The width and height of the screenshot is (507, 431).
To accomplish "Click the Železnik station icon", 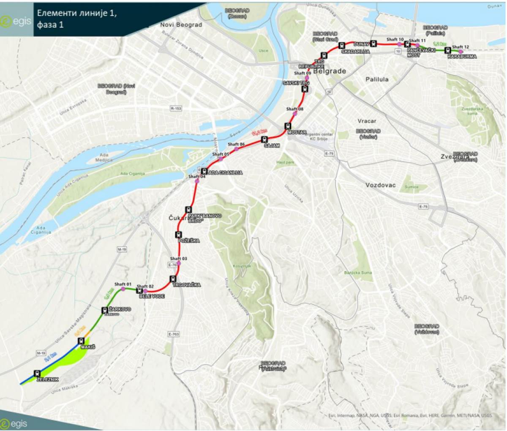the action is point(38,374).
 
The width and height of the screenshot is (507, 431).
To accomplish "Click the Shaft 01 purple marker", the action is point(123,289).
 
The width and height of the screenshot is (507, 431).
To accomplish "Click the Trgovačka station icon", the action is point(172,279).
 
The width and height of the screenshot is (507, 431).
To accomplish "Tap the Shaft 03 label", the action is point(178,258).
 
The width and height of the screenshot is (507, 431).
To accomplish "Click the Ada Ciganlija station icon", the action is point(204,172).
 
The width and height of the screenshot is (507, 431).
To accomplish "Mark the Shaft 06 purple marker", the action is point(237,149).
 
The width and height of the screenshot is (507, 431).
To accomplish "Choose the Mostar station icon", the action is point(288,125).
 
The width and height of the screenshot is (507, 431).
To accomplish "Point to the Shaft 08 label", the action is point(294,109).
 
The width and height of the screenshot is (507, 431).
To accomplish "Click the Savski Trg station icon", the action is point(305,89).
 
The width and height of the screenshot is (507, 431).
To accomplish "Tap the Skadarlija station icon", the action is point(341,45).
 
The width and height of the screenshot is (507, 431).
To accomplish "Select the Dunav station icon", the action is point(373,43).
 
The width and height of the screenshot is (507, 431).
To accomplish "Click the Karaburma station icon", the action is point(447,50).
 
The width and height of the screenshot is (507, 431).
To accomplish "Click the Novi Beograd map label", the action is point(181,25).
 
